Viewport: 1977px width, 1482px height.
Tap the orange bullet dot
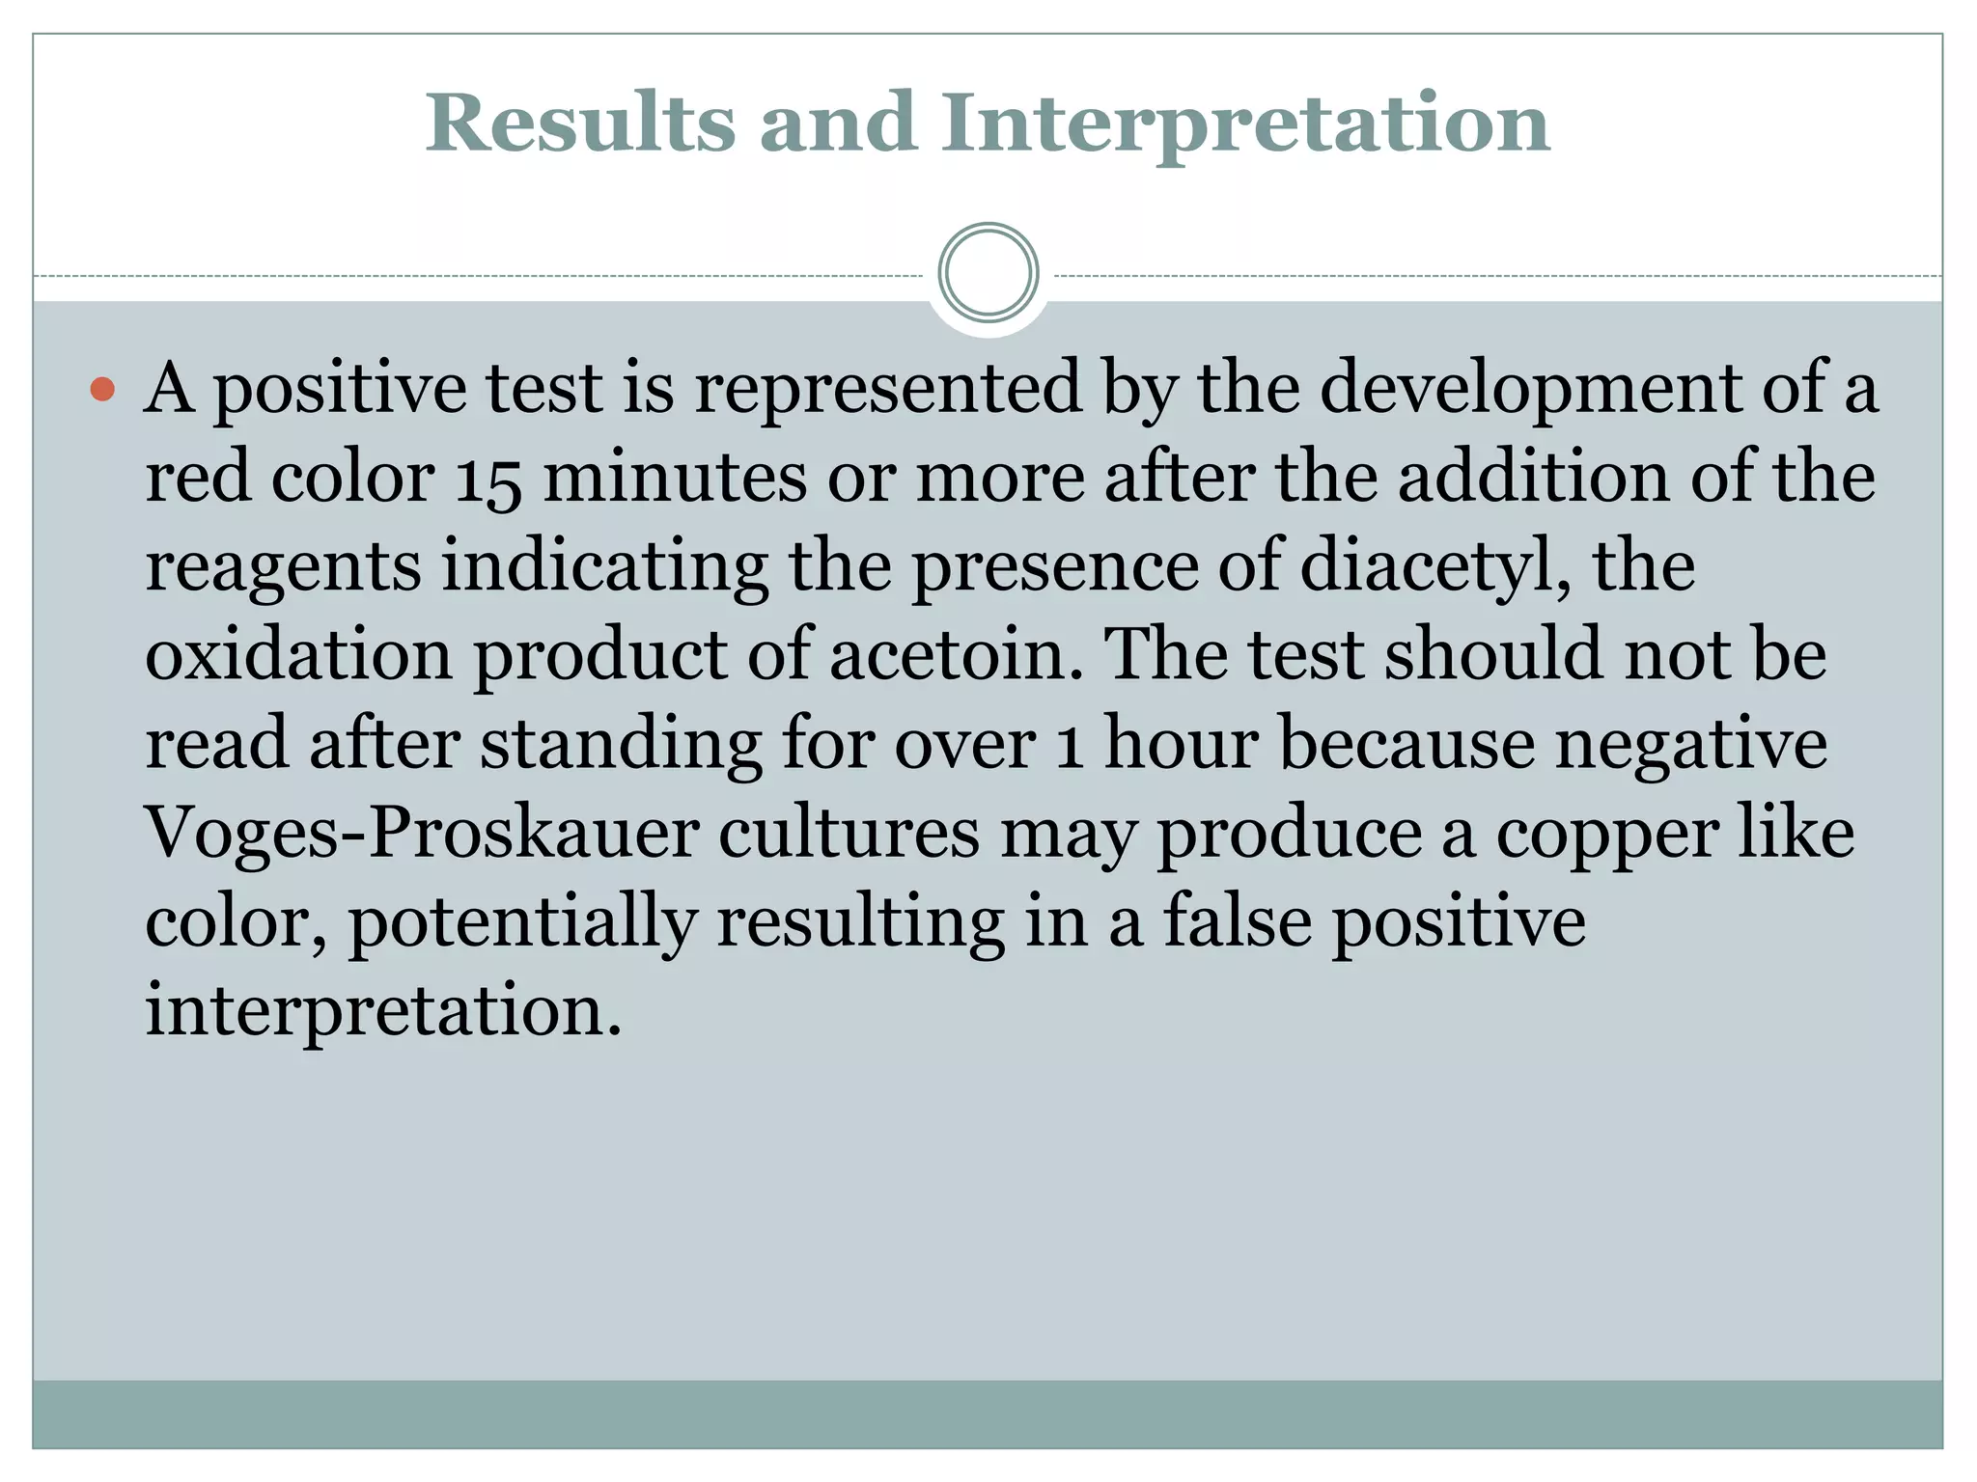point(102,390)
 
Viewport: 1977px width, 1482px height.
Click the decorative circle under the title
point(988,272)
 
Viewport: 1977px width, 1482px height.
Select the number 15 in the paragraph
point(487,480)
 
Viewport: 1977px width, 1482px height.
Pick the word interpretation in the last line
point(383,1011)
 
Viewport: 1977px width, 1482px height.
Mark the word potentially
point(522,921)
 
